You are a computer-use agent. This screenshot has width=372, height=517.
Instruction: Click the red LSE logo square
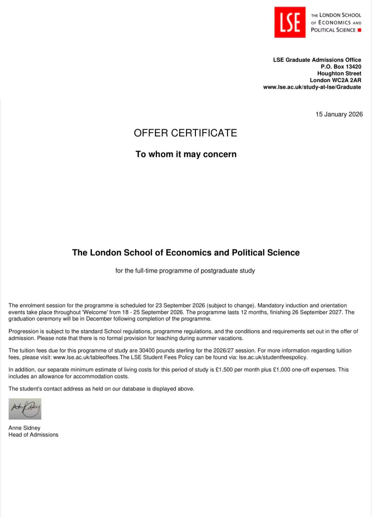pyautogui.click(x=290, y=22)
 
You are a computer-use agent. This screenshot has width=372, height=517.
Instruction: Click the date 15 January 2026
pyautogui.click(x=339, y=114)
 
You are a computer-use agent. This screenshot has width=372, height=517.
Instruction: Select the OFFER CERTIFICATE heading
pyautogui.click(x=185, y=133)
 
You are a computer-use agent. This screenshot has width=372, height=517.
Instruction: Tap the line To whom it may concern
pyautogui.click(x=186, y=154)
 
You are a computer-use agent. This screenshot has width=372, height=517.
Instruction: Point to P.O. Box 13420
pyautogui.click(x=341, y=67)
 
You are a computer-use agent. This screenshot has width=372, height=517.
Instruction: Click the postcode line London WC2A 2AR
pyautogui.click(x=335, y=80)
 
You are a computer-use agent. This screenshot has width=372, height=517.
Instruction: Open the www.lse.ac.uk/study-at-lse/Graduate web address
pyautogui.click(x=312, y=87)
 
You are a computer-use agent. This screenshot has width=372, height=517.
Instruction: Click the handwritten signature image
pyautogui.click(x=25, y=409)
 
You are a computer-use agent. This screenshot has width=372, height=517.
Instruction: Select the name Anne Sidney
pyautogui.click(x=24, y=428)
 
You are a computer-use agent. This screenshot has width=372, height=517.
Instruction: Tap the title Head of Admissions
pyautogui.click(x=33, y=435)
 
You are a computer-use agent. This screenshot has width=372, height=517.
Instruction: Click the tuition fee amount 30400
pyautogui.click(x=147, y=350)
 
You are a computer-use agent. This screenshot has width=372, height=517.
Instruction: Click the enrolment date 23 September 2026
pyautogui.click(x=180, y=306)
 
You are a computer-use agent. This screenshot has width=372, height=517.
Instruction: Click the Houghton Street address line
pyautogui.click(x=339, y=73)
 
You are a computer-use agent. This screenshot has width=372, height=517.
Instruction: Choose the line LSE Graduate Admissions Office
pyautogui.click(x=317, y=60)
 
